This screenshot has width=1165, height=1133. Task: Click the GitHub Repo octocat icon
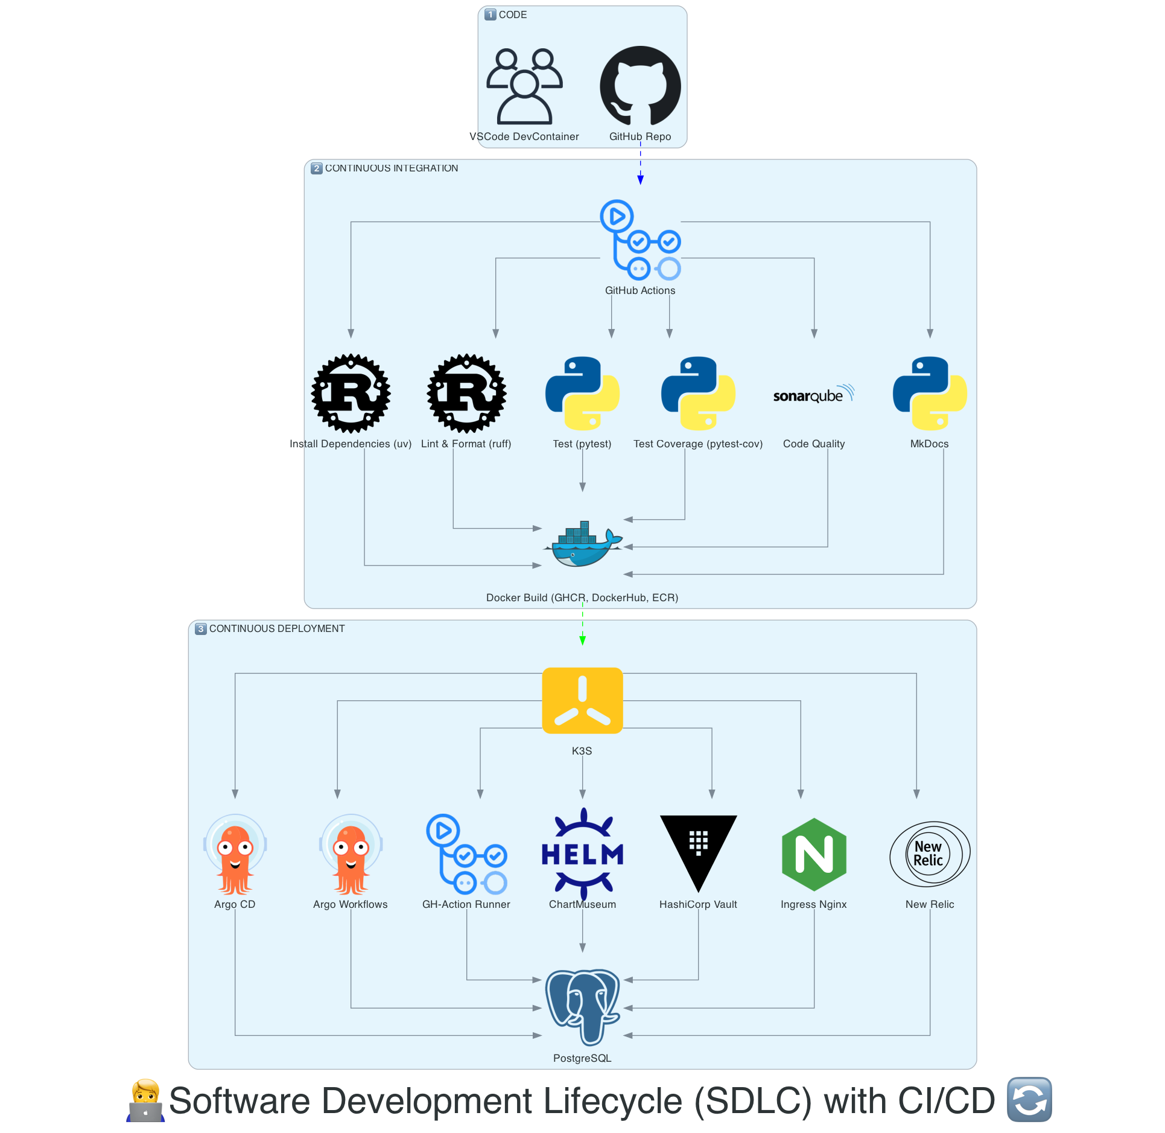(x=640, y=86)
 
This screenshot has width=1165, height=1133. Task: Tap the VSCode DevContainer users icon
(x=524, y=86)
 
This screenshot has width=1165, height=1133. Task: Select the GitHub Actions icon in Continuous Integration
(x=640, y=240)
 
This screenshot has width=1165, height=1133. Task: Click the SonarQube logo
(x=814, y=394)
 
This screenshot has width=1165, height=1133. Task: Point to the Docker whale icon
(x=583, y=544)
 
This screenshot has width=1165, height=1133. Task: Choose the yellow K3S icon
(x=582, y=700)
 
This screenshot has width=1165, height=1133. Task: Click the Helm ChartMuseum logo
(x=582, y=854)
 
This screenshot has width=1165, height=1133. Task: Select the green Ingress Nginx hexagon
(x=814, y=854)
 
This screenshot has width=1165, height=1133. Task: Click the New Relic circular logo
(x=930, y=854)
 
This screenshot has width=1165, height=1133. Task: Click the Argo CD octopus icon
(x=235, y=854)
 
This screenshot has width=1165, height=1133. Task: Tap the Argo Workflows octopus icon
(x=351, y=854)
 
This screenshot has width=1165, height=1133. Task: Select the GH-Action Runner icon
(x=466, y=854)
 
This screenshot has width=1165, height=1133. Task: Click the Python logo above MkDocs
(x=930, y=393)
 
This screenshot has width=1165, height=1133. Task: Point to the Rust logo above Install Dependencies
(x=351, y=393)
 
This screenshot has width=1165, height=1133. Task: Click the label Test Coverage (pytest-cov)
(x=698, y=444)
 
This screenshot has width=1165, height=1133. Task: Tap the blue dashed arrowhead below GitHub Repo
(x=640, y=179)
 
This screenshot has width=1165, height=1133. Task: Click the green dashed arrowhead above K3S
(x=582, y=640)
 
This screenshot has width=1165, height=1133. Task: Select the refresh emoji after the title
(x=1029, y=1100)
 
